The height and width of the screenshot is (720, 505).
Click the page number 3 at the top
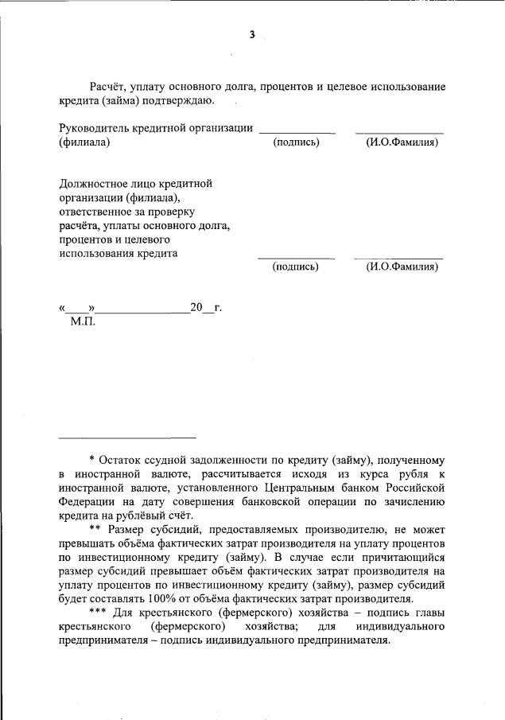[252, 35]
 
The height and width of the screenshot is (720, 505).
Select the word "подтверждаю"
[179, 101]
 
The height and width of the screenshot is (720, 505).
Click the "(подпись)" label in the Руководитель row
[296, 143]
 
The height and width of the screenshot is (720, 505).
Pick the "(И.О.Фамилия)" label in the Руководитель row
[402, 143]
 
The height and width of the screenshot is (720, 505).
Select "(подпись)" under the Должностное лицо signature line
[295, 267]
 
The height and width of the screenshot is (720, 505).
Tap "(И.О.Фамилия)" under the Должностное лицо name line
[402, 267]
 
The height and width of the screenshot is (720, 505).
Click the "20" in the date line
[196, 308]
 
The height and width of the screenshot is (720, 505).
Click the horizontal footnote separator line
[127, 437]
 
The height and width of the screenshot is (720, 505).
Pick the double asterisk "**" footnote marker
[95, 530]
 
